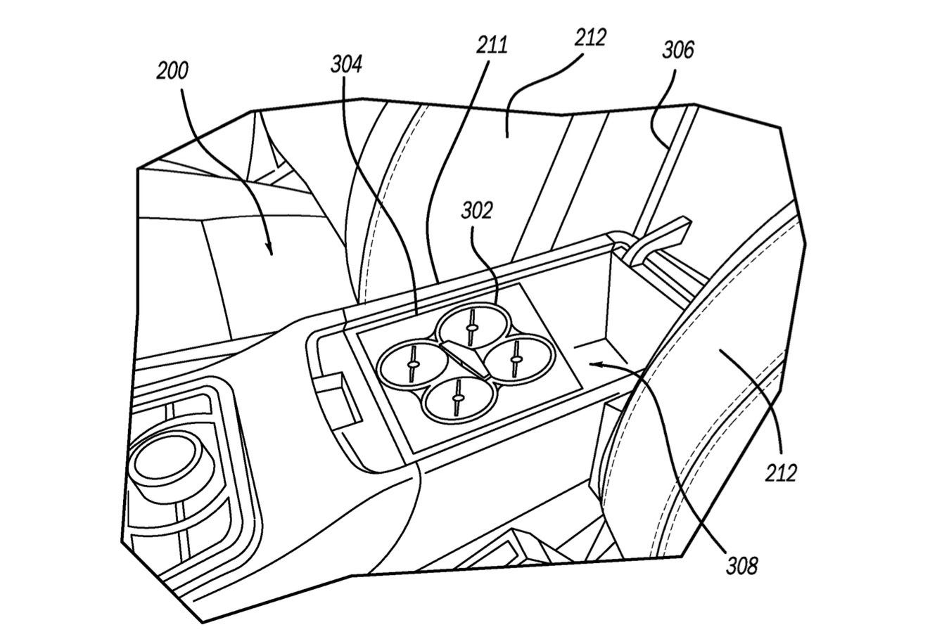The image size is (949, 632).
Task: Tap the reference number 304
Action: coord(346,65)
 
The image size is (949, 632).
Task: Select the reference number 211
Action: coord(492,46)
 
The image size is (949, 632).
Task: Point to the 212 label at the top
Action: coord(590,37)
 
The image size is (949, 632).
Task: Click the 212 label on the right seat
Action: coord(780,472)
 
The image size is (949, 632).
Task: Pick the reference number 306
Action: coord(677,50)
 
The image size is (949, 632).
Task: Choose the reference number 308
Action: coord(741,565)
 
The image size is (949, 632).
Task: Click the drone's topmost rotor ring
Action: coord(470,326)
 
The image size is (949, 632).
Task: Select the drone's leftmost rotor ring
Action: coord(411,363)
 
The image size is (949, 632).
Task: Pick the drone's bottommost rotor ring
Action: coord(457,399)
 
